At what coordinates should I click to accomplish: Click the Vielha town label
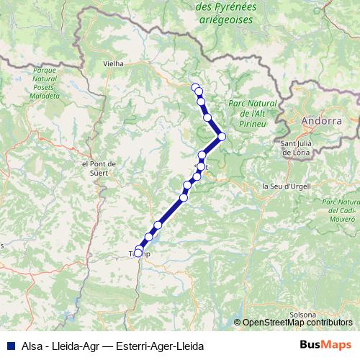[114, 63]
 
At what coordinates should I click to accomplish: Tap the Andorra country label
[321, 121]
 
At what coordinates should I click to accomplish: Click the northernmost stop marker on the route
[195, 87]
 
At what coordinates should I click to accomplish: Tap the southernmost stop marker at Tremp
[138, 253]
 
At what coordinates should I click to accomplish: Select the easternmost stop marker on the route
[222, 136]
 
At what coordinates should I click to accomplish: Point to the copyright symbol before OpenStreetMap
[238, 323]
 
